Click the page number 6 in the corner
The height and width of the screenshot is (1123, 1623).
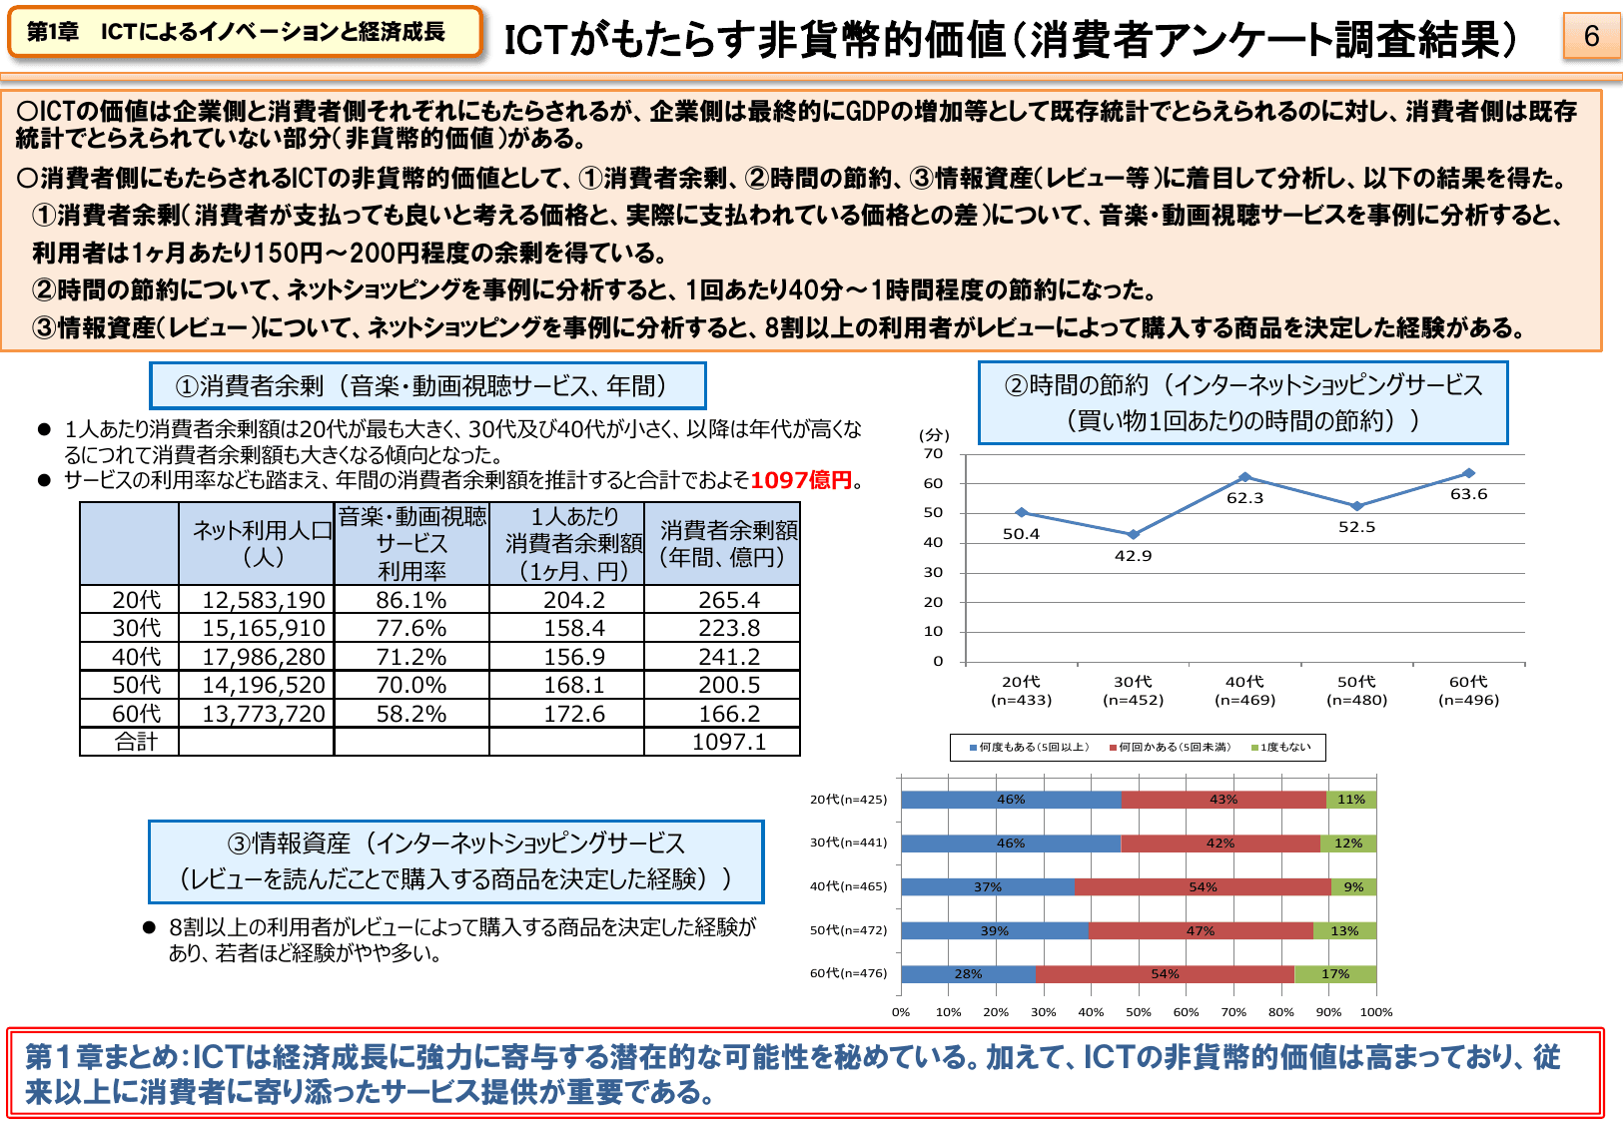[1591, 37]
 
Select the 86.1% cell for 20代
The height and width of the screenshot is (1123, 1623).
[411, 600]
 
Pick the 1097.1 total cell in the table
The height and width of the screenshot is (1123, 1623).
[728, 742]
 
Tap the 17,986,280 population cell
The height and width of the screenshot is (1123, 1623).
[264, 657]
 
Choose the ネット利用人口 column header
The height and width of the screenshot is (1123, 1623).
[262, 543]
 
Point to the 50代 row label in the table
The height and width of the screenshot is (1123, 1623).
[136, 685]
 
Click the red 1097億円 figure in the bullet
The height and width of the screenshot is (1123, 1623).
[801, 480]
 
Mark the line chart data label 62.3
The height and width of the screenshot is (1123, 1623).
[1244, 498]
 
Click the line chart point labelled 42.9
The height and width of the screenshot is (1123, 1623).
[1133, 535]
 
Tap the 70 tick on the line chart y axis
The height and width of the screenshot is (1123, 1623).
[933, 454]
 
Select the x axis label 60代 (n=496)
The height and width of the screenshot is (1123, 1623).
[1468, 691]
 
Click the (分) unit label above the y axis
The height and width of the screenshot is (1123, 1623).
[934, 435]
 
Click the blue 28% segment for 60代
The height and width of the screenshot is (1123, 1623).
[968, 974]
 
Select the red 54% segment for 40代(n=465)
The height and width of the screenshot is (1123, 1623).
[1203, 886]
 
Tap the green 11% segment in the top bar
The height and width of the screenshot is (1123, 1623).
[1351, 800]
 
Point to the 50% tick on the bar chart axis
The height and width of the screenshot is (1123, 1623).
[1139, 1012]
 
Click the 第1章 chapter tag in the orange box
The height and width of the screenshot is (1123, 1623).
[53, 32]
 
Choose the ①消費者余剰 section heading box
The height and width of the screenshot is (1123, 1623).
[427, 386]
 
